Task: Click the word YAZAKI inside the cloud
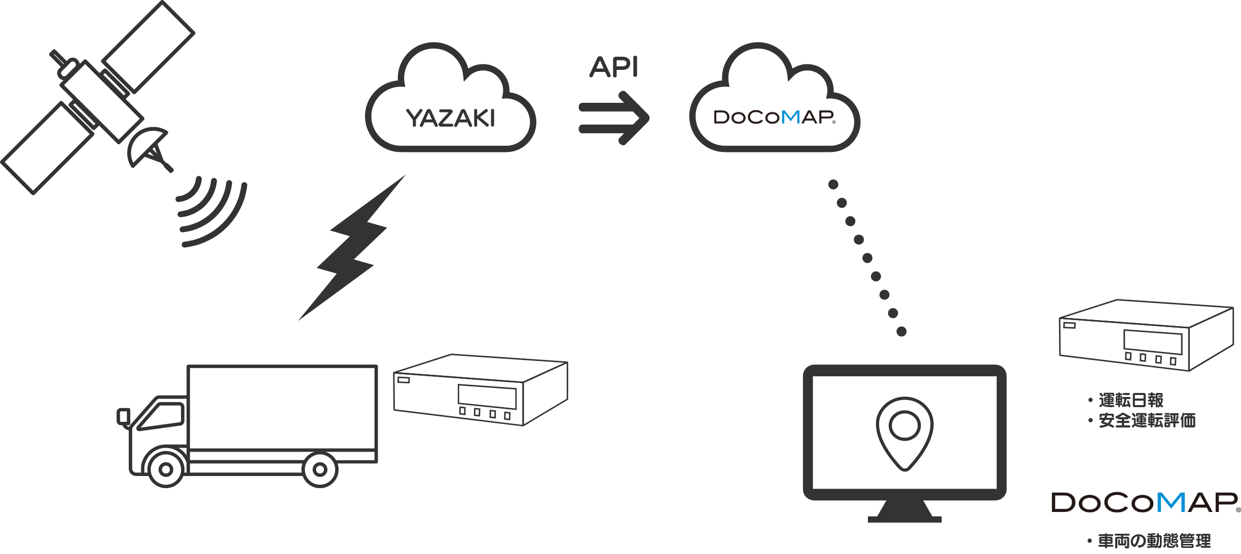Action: (451, 118)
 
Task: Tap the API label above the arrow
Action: (613, 67)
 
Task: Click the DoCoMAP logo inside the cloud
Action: (775, 117)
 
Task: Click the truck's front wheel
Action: (165, 469)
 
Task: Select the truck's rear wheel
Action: (320, 469)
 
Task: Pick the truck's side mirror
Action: (123, 416)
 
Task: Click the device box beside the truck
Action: (480, 390)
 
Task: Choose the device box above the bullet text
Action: (1146, 335)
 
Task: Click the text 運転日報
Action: (1130, 400)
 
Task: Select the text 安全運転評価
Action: (1147, 420)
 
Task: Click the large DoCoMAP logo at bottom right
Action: (1145, 502)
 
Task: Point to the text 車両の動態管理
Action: (1154, 541)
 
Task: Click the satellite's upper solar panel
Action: (148, 47)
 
